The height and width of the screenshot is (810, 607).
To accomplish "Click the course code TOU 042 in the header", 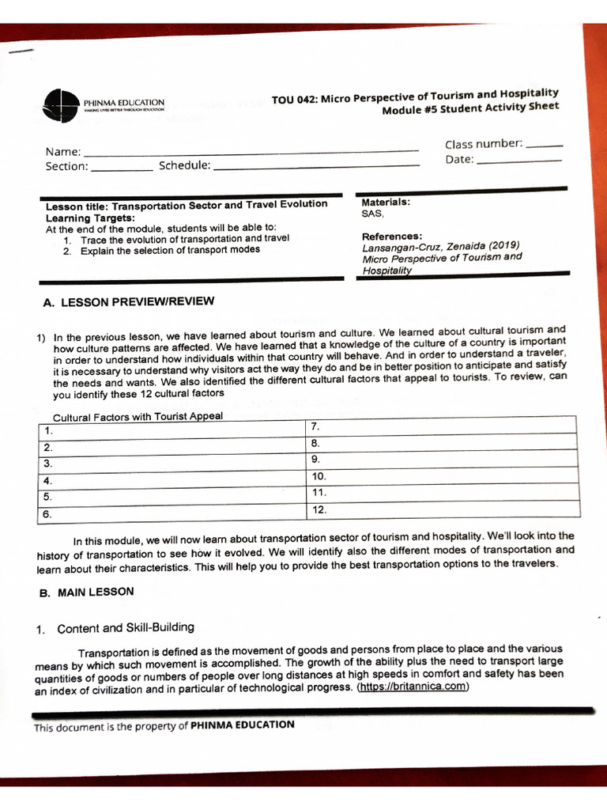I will (x=293, y=100).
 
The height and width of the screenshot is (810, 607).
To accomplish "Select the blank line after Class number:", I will (x=544, y=146).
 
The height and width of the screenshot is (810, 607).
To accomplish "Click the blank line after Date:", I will (x=518, y=161).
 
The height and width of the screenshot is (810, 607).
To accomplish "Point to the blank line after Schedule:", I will (x=316, y=166).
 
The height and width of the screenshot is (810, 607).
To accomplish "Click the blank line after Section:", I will (x=122, y=168).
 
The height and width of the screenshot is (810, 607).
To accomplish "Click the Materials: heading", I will (x=386, y=202).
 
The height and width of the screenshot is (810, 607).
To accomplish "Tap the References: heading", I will (x=392, y=237).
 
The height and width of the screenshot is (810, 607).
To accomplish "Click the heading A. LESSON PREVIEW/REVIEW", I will (x=128, y=302).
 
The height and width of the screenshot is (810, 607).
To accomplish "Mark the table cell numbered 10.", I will (x=440, y=477).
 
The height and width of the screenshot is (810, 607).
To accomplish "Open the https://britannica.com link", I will (x=413, y=687).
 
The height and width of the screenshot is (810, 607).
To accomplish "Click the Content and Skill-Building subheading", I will (x=125, y=628).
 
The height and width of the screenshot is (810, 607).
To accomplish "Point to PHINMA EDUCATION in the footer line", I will (x=243, y=725).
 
